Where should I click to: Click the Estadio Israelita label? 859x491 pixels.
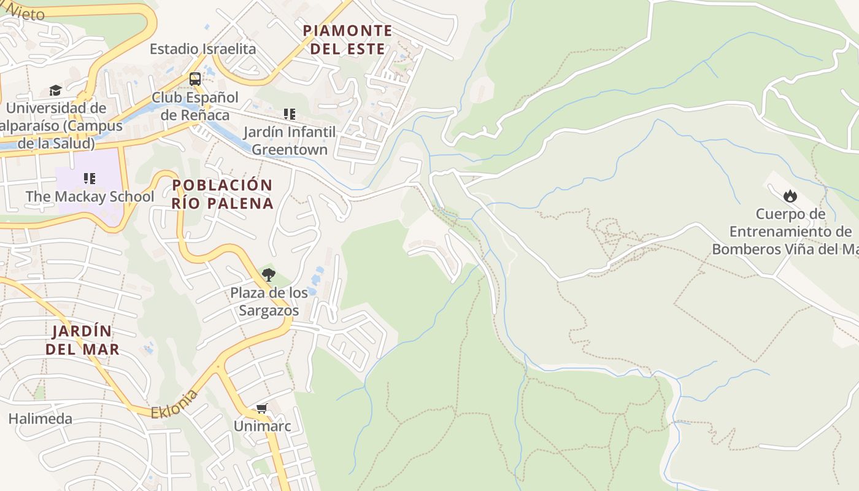[202, 49]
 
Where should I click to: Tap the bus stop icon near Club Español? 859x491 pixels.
[195, 79]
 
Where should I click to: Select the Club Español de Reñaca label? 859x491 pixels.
[195, 106]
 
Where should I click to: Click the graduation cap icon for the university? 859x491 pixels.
[56, 91]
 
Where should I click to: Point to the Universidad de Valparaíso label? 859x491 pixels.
[58, 126]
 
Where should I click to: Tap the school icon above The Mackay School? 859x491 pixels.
[90, 179]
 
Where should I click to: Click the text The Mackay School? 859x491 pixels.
[90, 196]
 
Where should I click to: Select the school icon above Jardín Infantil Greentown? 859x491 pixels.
[290, 114]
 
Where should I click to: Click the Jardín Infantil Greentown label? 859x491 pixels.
[290, 141]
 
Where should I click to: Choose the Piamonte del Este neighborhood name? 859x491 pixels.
[347, 39]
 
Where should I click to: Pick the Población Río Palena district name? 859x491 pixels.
[222, 194]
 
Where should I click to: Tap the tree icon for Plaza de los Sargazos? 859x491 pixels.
[268, 275]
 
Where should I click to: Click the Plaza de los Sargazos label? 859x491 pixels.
[269, 301]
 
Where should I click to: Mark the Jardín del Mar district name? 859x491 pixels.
[82, 340]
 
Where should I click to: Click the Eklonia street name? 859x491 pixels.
[175, 404]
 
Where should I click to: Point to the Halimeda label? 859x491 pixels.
[40, 419]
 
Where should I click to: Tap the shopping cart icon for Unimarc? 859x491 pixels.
[262, 409]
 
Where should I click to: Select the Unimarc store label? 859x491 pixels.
[262, 425]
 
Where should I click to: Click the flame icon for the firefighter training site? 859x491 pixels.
[790, 196]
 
